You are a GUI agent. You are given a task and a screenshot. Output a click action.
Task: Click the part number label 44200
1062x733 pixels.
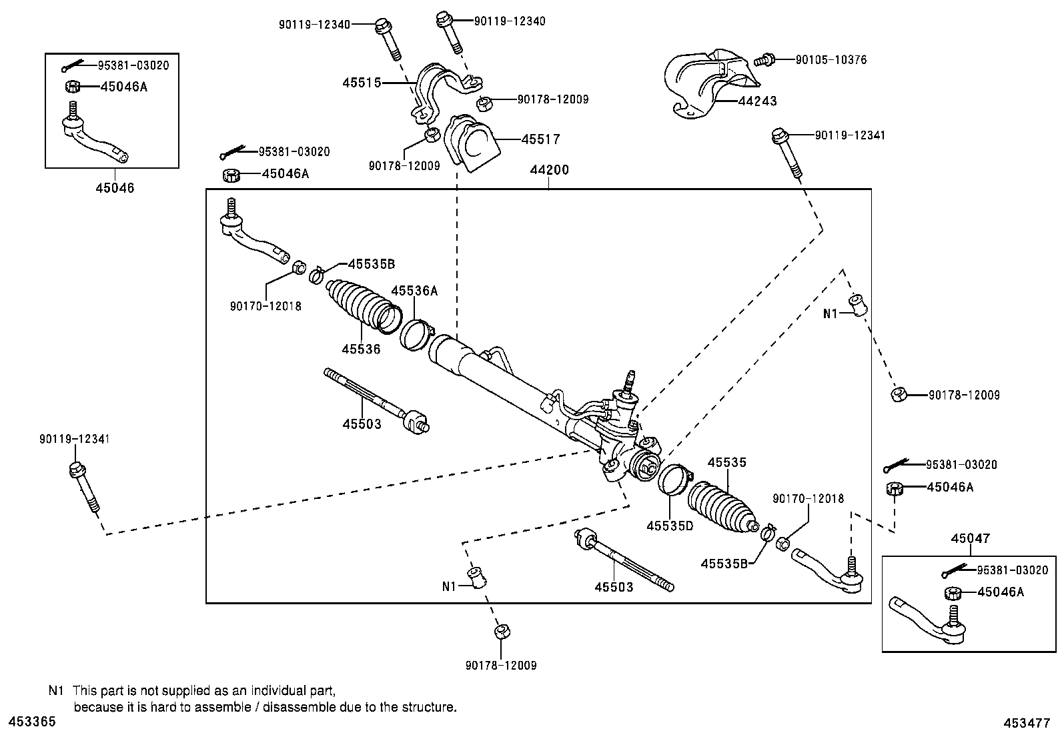click(x=549, y=170)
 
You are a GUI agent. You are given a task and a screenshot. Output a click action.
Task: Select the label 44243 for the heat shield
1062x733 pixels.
click(x=757, y=101)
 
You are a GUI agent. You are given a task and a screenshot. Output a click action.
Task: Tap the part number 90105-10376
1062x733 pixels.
click(x=831, y=59)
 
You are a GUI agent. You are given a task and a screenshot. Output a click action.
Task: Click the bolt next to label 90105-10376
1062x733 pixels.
click(x=764, y=60)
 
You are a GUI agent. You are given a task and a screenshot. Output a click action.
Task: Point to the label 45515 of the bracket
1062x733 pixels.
click(x=362, y=83)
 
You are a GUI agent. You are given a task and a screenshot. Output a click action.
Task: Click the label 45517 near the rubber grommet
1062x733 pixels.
click(x=540, y=139)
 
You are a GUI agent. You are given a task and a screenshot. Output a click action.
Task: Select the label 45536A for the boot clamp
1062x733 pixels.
click(x=414, y=291)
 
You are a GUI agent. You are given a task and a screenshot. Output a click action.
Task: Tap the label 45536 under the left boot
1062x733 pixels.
click(x=361, y=349)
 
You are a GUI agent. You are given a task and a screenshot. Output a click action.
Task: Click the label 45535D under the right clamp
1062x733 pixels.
click(x=670, y=526)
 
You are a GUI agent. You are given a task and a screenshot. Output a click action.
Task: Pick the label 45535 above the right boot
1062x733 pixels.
click(x=726, y=462)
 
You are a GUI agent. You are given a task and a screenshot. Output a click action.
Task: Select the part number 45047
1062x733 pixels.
click(x=971, y=538)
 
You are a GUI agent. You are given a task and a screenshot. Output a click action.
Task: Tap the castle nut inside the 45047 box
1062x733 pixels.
click(x=953, y=592)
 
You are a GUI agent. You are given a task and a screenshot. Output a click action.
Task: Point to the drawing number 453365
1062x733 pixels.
click(x=31, y=722)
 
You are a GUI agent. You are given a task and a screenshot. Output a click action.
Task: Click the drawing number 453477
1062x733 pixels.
click(x=1031, y=722)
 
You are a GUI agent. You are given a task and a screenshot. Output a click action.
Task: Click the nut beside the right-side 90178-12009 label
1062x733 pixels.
click(x=898, y=395)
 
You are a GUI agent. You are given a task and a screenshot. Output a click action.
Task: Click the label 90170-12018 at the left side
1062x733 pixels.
click(x=265, y=306)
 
